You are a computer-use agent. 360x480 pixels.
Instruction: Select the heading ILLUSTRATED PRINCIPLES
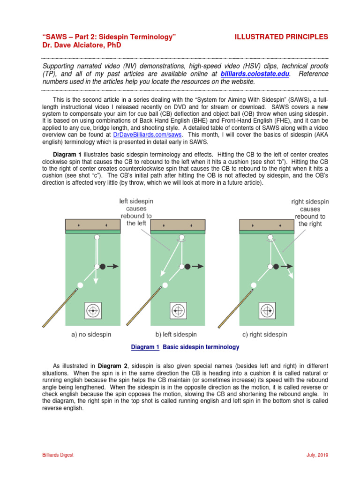click(282, 37)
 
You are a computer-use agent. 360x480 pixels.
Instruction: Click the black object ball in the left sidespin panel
click(187, 266)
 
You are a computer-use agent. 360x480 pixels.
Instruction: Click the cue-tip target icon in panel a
click(93, 310)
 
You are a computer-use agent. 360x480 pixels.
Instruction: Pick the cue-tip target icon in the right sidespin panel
click(267, 310)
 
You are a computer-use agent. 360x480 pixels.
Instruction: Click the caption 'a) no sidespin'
click(91, 335)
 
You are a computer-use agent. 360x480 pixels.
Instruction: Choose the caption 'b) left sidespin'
click(176, 335)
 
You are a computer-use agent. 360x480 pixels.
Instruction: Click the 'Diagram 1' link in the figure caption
click(145, 347)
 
